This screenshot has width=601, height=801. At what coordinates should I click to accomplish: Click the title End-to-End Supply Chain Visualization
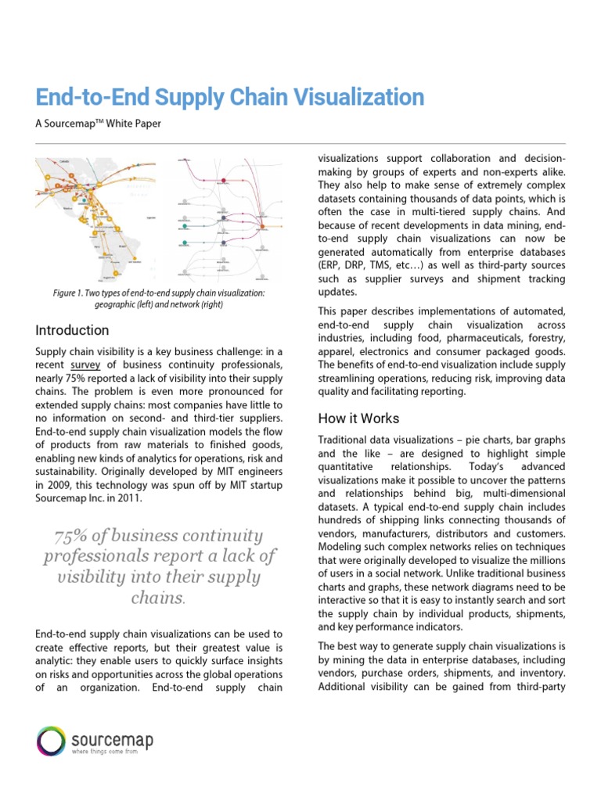230,98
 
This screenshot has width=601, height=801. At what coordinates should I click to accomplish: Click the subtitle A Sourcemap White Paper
99,124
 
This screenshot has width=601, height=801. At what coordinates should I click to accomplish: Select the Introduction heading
73,330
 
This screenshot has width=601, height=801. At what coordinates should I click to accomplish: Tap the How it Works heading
358,418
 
